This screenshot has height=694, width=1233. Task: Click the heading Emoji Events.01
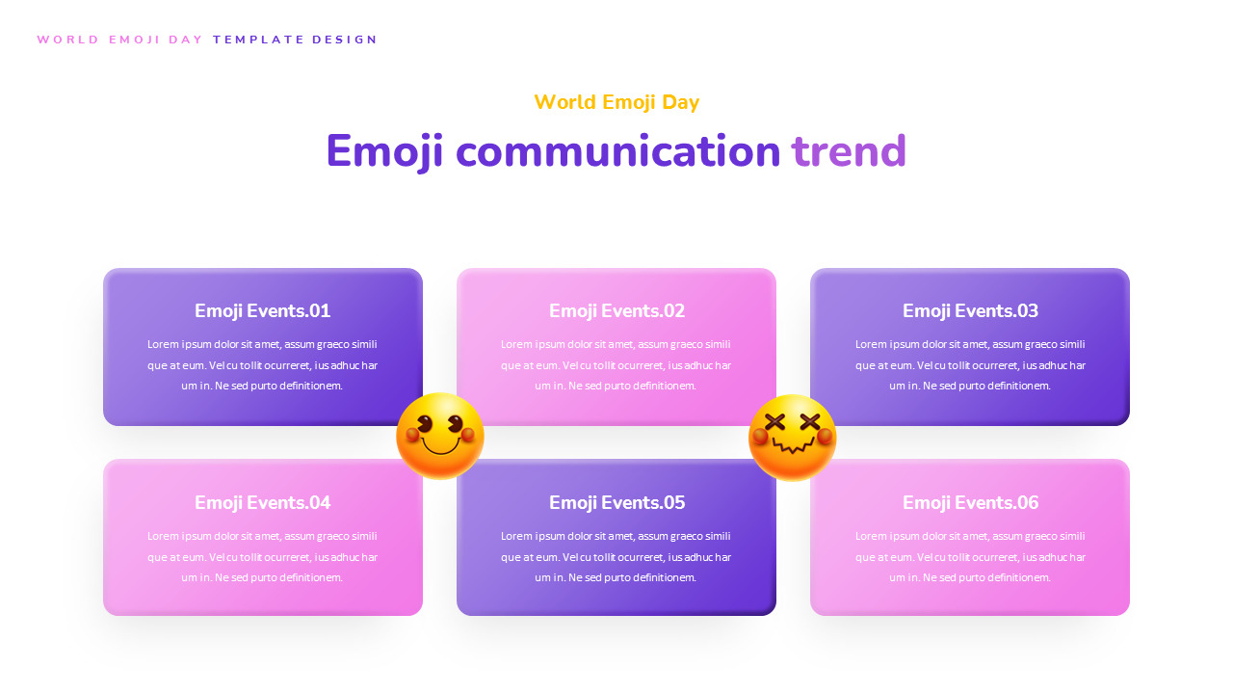click(262, 310)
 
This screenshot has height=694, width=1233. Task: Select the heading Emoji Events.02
click(616, 310)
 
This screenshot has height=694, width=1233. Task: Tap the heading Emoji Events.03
click(970, 310)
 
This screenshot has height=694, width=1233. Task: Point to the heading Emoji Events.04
click(262, 502)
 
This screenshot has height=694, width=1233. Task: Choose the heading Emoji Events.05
click(616, 502)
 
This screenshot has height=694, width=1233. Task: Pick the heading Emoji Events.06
click(970, 502)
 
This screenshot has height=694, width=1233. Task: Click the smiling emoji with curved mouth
click(440, 436)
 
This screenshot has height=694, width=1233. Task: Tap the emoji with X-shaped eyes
click(793, 438)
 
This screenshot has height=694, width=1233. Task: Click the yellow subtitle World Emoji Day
click(616, 102)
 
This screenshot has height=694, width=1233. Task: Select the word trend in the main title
click(849, 151)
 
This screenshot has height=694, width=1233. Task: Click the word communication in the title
click(617, 151)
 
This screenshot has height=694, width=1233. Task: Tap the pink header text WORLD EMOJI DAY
click(120, 40)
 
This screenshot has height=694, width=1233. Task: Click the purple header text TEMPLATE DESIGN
click(296, 40)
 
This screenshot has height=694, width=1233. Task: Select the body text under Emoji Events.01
click(262, 365)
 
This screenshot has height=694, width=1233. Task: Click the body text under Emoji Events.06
click(970, 557)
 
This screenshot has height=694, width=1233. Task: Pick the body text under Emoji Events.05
click(616, 557)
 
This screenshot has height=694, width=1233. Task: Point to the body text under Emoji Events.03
click(970, 365)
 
